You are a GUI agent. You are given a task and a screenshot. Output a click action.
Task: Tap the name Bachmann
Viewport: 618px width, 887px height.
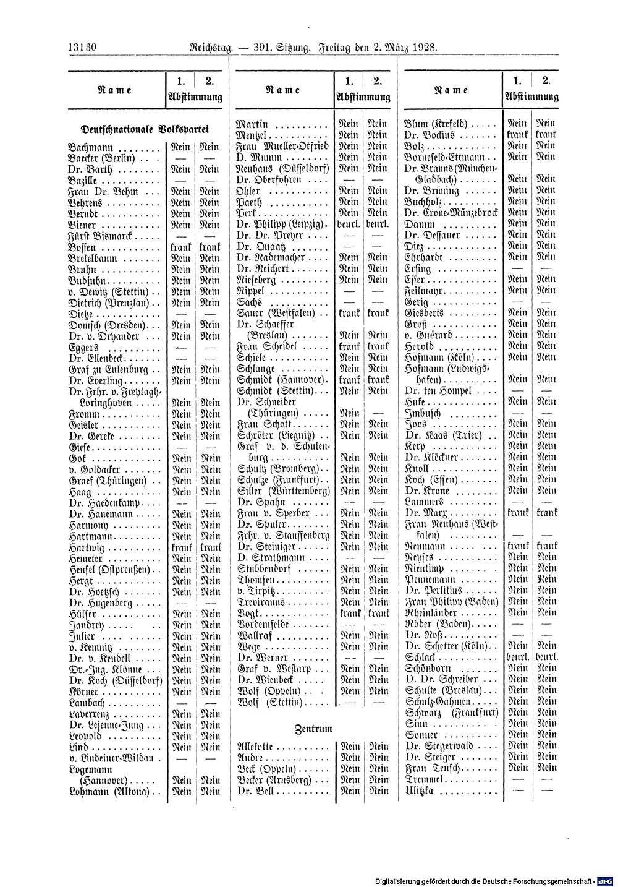pos(90,149)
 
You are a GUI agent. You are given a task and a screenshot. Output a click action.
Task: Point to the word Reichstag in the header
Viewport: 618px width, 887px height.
pos(206,47)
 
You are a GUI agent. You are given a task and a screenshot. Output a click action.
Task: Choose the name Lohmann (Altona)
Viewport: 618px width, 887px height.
pos(108,791)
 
